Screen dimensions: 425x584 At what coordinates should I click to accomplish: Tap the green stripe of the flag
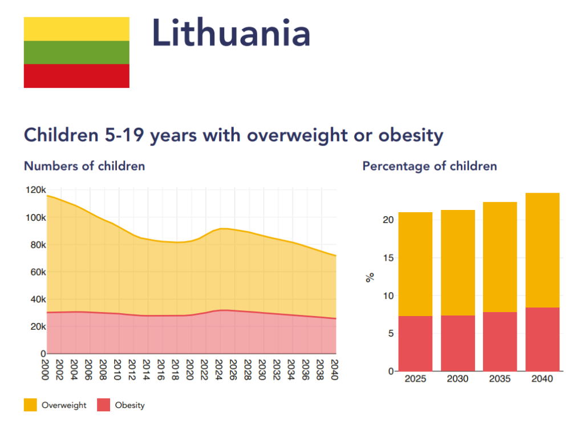[x=76, y=52]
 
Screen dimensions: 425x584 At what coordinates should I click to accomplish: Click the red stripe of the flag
[x=76, y=76]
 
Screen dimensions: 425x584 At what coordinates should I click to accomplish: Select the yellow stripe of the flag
[x=76, y=29]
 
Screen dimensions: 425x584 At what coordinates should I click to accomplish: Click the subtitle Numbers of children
[x=84, y=166]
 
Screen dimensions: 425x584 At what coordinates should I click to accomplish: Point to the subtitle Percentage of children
[x=429, y=166]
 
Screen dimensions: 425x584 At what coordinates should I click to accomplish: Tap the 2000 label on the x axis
[x=46, y=366]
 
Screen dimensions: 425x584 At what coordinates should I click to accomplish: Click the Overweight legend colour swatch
[x=30, y=405]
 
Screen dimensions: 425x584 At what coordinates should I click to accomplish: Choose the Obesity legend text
[x=130, y=406]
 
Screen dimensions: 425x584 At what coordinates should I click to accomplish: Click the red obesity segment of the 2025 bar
[x=415, y=343]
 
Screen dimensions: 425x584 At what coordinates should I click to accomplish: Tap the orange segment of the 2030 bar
[x=458, y=262]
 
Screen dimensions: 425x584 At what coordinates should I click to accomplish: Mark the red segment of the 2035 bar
[x=500, y=341]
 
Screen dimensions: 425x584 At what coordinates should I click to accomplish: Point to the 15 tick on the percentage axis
[x=388, y=258]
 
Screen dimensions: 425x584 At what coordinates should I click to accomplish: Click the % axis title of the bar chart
[x=370, y=278]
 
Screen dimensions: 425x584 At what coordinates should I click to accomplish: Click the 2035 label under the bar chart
[x=500, y=379]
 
